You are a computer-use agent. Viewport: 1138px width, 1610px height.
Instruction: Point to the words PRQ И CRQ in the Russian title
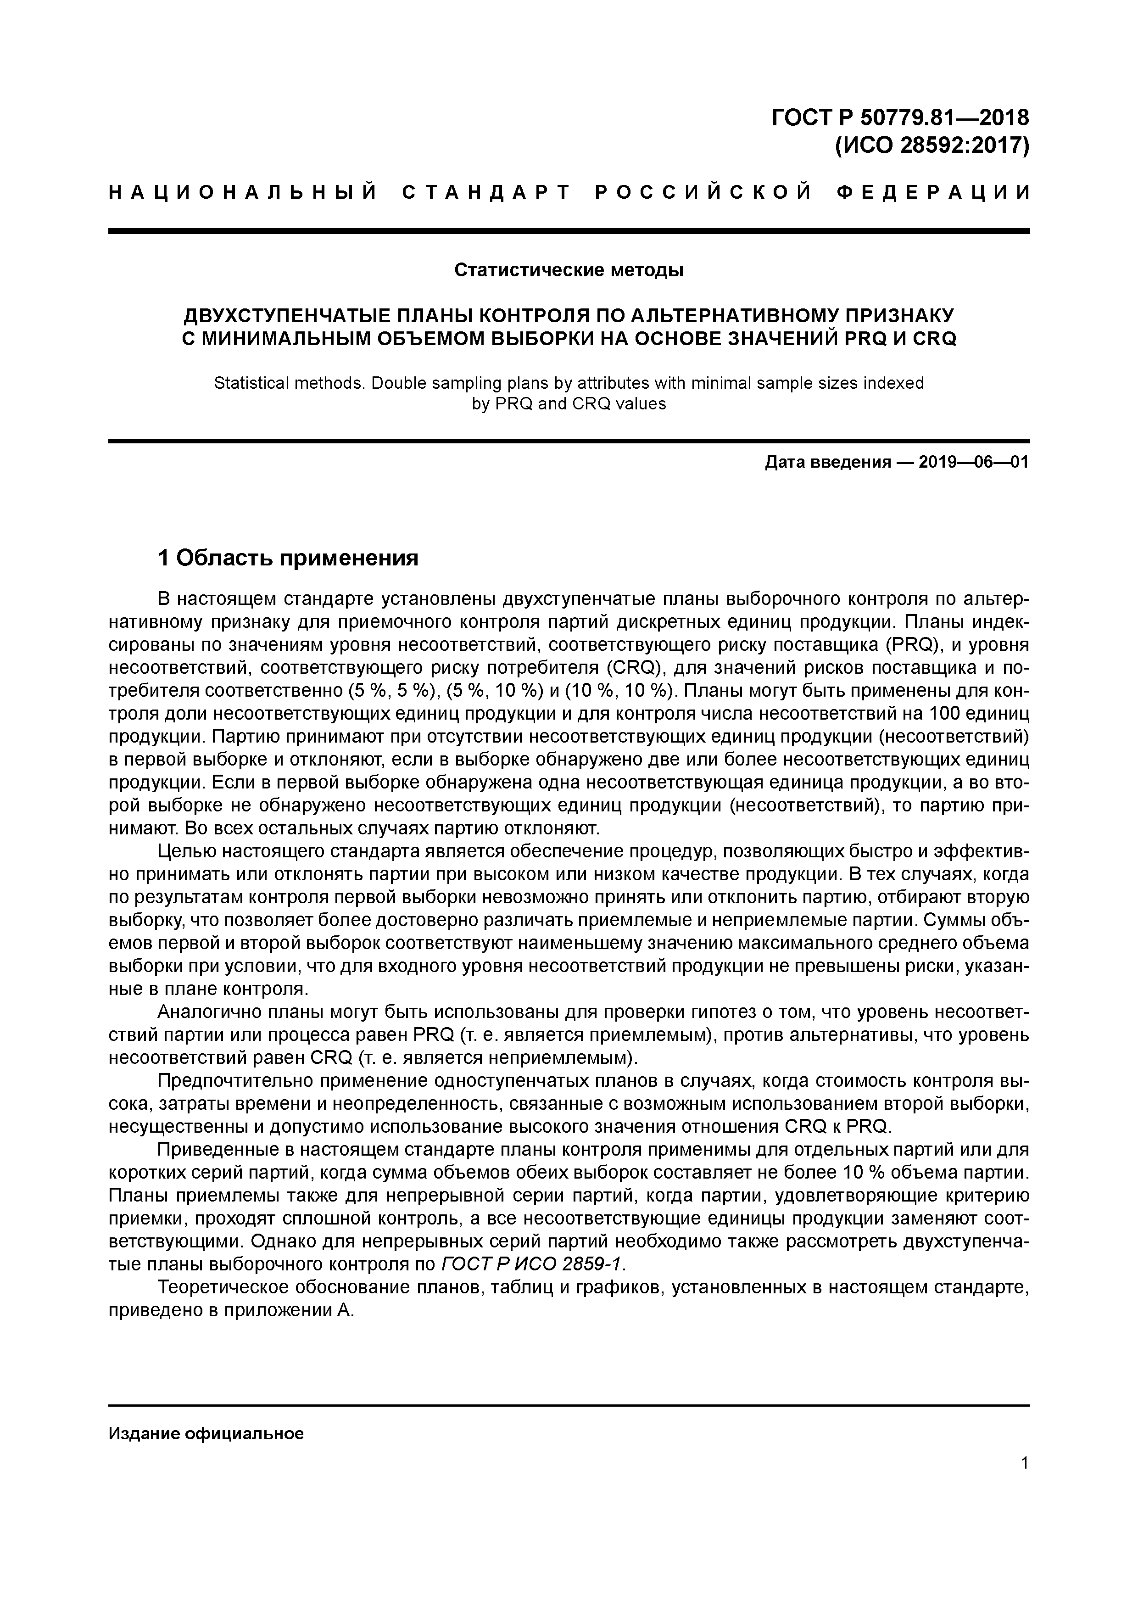click(899, 339)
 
